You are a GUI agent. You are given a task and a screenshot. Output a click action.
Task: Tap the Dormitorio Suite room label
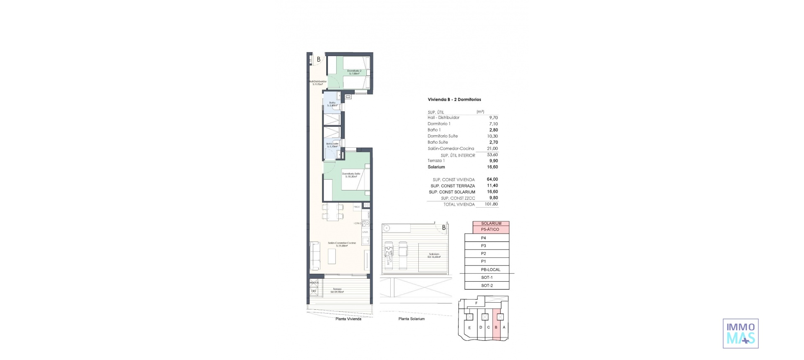[351, 175]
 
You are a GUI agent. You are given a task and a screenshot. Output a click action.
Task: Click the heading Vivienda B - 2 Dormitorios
[454, 100]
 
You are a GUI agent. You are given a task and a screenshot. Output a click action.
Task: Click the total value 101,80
[492, 204]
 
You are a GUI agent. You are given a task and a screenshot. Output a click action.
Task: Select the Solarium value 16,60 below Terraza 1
[492, 167]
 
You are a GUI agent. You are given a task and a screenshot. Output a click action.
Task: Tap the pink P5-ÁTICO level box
[491, 229]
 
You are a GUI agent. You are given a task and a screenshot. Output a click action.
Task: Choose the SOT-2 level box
[487, 285]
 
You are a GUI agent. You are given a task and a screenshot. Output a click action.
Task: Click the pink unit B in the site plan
[496, 327]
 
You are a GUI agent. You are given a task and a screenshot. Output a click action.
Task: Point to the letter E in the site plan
[469, 328]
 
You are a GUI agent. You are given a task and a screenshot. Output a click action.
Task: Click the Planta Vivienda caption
[348, 319]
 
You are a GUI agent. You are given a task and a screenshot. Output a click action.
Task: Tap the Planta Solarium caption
[411, 319]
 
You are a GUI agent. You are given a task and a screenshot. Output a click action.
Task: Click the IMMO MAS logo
[740, 333]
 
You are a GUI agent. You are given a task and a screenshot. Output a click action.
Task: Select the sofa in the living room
[315, 256]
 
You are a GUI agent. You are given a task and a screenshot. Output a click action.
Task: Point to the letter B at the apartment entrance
[318, 59]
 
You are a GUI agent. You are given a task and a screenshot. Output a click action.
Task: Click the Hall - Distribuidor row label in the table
[443, 118]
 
